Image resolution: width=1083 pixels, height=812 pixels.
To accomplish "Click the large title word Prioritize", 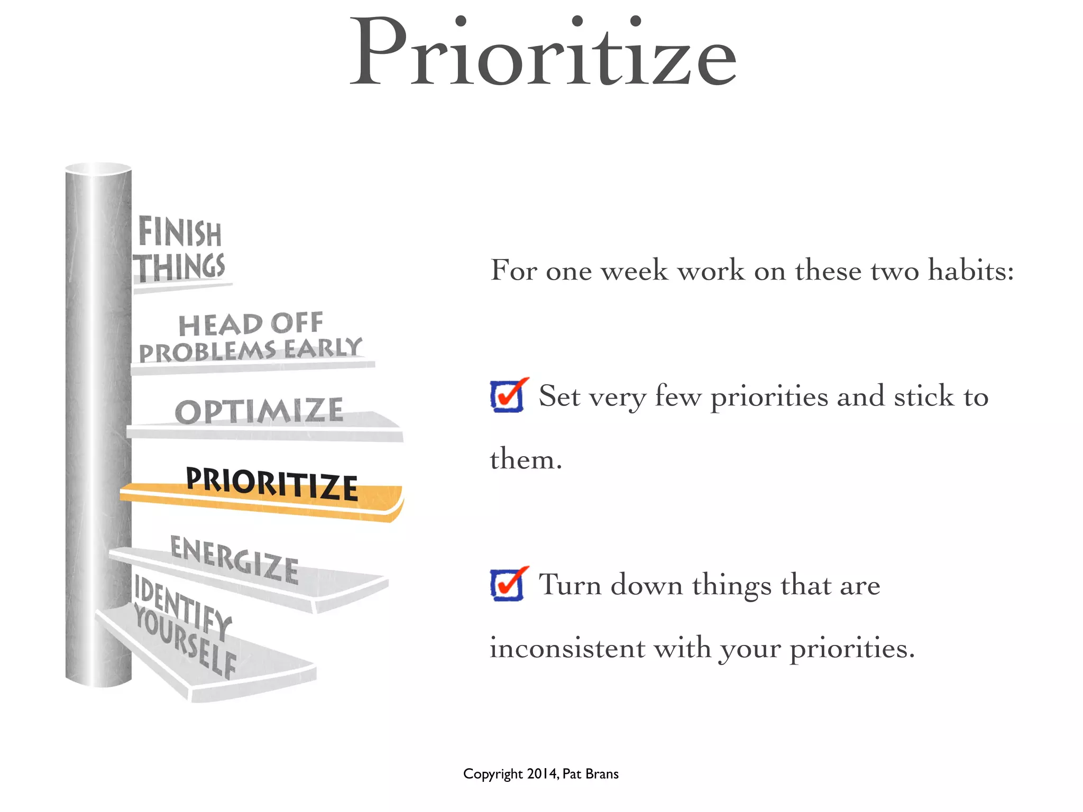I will (543, 53).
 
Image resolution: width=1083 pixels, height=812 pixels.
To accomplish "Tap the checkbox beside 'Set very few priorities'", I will (507, 396).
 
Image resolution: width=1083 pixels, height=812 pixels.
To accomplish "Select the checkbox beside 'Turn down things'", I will (507, 584).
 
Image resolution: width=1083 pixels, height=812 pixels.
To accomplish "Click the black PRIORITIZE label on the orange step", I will (272, 483).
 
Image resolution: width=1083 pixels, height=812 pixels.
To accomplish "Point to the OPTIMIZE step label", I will (259, 411).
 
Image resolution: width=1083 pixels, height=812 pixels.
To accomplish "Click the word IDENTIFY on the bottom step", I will (183, 608).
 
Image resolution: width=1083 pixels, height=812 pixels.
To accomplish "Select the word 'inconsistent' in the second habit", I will (567, 648).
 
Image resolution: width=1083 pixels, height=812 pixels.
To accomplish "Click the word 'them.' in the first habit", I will (526, 459).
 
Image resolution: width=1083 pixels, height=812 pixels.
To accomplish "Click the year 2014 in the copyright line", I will (542, 774).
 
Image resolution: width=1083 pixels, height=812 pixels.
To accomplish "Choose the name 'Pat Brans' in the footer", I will (590, 774).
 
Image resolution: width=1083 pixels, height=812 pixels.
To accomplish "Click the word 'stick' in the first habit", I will (923, 396).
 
